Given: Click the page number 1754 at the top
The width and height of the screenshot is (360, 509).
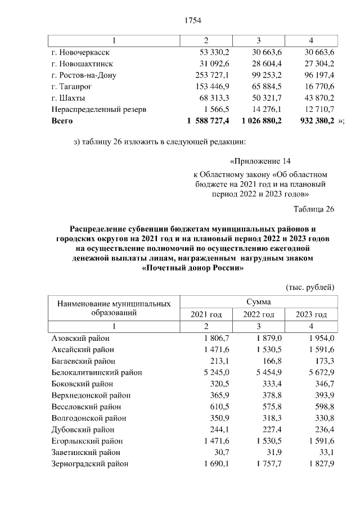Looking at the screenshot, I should pos(193,21).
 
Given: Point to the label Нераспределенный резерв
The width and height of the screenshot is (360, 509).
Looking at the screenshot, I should pos(98,109).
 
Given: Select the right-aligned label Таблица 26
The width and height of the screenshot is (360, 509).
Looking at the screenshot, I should pos(314,210).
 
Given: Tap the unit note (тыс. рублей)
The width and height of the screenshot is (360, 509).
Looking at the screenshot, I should pos(310,287).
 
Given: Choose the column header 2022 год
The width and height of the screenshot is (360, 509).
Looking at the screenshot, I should pos(258,314).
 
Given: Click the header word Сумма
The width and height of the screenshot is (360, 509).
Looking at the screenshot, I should pos(258,302).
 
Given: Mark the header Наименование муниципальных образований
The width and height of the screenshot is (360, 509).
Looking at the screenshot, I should pos(114,308).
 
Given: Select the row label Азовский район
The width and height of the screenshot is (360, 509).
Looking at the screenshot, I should pos(80,338).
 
